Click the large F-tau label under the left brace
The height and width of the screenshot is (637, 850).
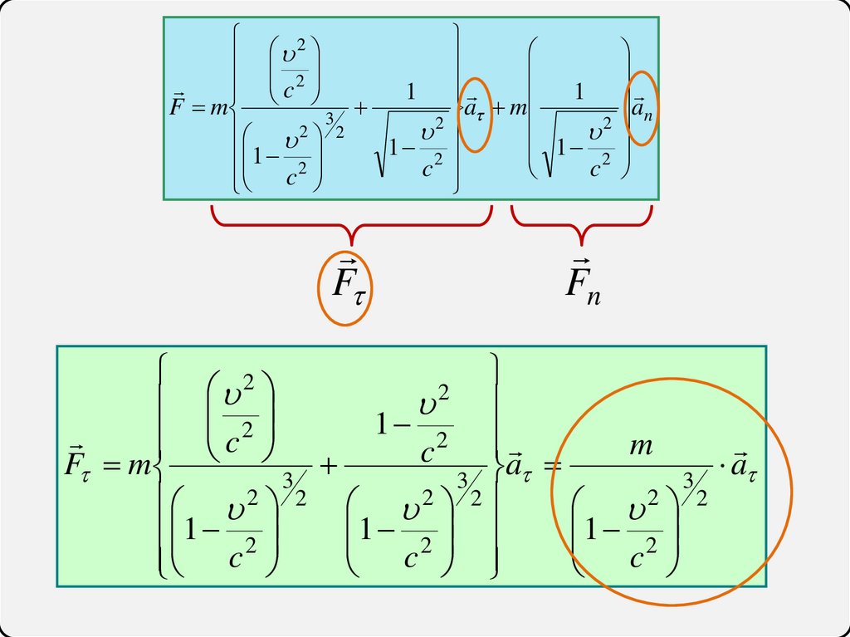click(344, 286)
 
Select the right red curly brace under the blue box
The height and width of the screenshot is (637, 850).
click(581, 224)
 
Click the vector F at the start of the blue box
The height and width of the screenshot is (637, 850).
click(176, 110)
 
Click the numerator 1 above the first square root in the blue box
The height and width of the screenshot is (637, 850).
click(411, 91)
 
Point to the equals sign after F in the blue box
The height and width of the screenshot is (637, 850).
click(197, 111)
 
